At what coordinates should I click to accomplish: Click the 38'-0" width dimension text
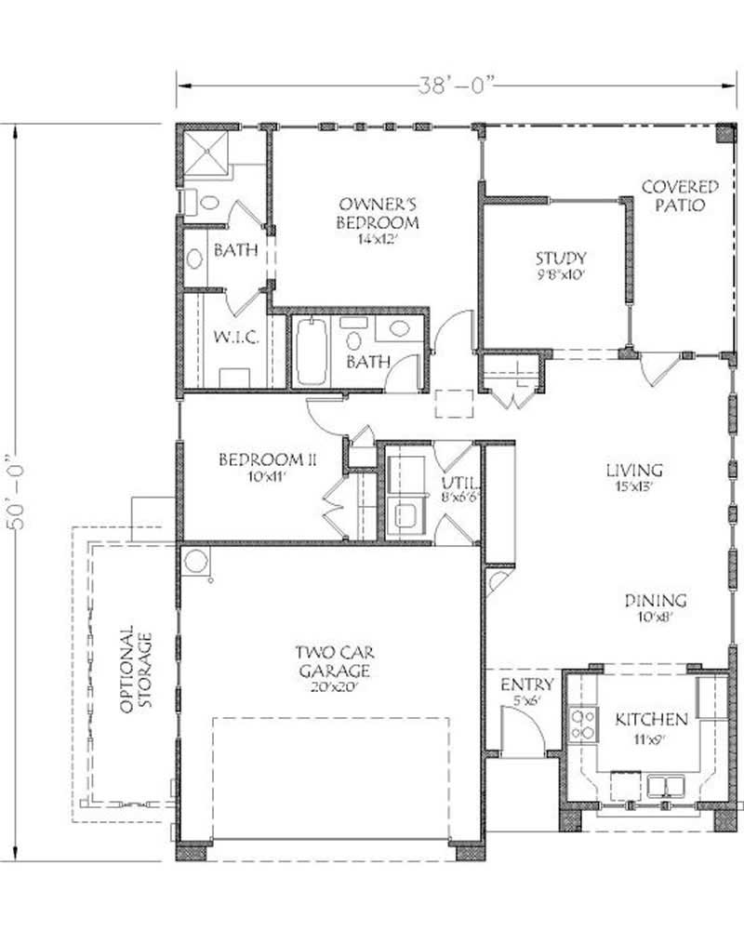click(453, 85)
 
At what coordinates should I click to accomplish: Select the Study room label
click(559, 265)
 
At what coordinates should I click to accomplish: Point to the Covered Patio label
click(680, 196)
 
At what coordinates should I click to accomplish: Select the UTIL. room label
click(457, 489)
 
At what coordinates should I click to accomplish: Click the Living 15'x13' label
click(635, 476)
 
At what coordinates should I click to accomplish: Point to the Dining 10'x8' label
click(654, 607)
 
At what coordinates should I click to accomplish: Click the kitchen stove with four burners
click(583, 725)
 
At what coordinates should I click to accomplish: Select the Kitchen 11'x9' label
click(650, 725)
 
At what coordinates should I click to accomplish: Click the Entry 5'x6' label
click(526, 692)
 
